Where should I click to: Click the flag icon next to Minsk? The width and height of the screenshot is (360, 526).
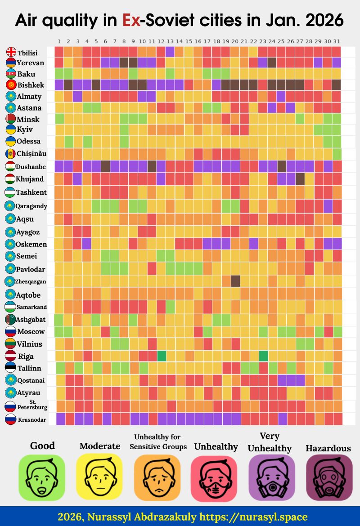click(11, 119)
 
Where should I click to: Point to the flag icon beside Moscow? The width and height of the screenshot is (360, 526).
click(10, 332)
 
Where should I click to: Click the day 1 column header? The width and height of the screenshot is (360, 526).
click(59, 42)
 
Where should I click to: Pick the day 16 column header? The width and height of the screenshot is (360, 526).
click(198, 42)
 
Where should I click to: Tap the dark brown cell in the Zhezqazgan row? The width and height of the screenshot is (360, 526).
click(235, 281)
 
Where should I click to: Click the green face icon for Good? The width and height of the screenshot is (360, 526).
click(41, 477)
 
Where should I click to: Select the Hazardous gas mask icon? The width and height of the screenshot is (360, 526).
click(329, 477)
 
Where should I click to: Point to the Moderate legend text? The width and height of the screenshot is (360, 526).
click(100, 446)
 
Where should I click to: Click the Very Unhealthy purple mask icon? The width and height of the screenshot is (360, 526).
click(272, 477)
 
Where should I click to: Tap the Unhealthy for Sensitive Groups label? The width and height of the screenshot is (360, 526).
click(158, 441)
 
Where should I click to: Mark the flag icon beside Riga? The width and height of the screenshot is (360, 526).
click(10, 356)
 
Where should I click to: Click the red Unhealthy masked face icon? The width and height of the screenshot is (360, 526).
click(214, 477)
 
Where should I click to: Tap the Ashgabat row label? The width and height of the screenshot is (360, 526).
click(31, 320)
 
